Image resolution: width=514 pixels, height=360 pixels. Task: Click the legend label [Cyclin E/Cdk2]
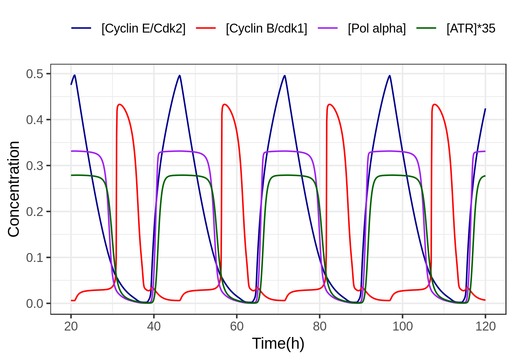[x=143, y=28]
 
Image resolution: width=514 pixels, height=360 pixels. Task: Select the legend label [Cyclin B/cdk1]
[x=266, y=28]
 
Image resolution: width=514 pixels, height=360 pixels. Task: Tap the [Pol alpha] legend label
[x=377, y=28]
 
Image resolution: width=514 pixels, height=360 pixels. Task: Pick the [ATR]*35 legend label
[x=471, y=28]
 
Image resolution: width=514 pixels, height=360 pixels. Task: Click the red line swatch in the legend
[x=206, y=28]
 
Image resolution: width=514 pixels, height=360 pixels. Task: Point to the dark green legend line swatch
[x=427, y=28]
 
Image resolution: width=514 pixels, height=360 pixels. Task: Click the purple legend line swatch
[x=328, y=28]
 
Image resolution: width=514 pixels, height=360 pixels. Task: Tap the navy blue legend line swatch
[x=82, y=28]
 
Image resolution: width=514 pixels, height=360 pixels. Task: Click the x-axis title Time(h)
[x=278, y=344]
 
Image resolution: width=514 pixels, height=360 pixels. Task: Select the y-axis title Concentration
[x=14, y=189]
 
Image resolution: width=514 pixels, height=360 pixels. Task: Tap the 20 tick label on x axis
[x=71, y=326]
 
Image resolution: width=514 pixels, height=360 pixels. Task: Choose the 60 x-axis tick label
[x=237, y=326]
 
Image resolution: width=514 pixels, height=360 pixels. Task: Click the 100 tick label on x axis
[x=402, y=326]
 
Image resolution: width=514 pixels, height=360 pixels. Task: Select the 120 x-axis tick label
[x=485, y=326]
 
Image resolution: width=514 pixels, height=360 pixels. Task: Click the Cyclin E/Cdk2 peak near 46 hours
[x=180, y=75]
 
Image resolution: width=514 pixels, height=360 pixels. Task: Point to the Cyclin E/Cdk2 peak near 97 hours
[x=390, y=75]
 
